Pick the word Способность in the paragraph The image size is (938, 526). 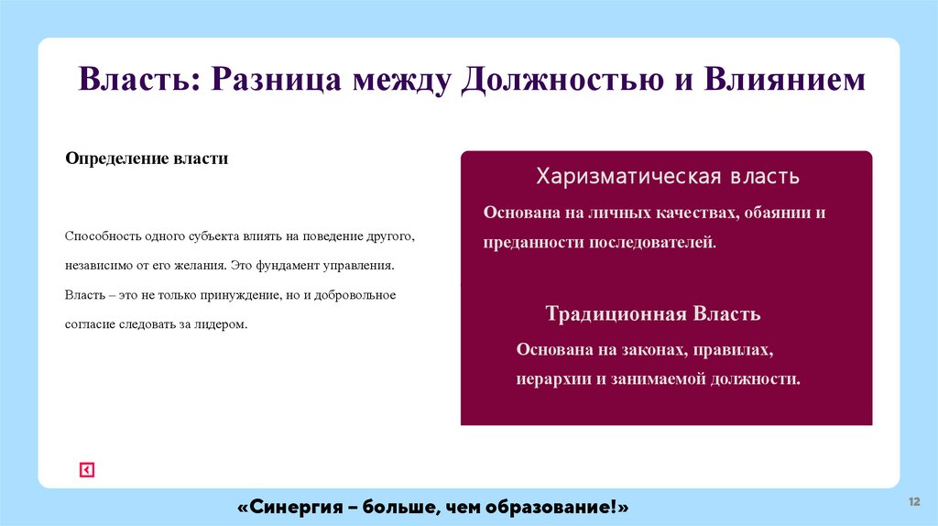pyautogui.click(x=103, y=236)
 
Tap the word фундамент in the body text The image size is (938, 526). pyautogui.click(x=295, y=265)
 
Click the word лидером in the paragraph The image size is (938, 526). pyautogui.click(x=224, y=323)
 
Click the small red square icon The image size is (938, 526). pyautogui.click(x=87, y=470)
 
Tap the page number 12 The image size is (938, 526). pyautogui.click(x=913, y=501)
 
